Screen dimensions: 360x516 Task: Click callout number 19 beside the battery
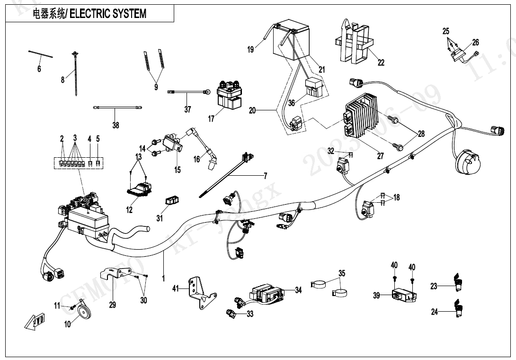click(251, 49)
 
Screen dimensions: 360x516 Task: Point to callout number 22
click(381, 62)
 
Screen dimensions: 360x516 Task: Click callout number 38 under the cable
click(116, 125)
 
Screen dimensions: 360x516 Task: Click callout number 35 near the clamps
click(342, 273)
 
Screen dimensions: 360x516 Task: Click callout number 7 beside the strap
click(265, 176)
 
